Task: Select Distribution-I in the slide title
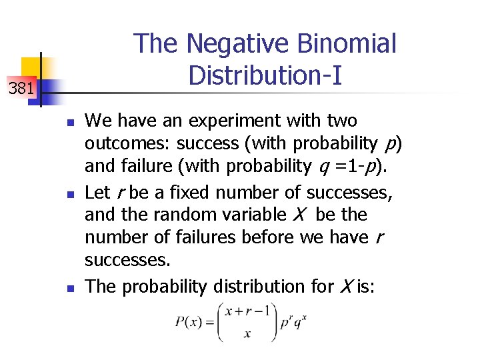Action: click(265, 75)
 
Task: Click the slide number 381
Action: click(21, 87)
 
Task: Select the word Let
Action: click(98, 193)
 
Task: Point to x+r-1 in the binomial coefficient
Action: click(247, 311)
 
